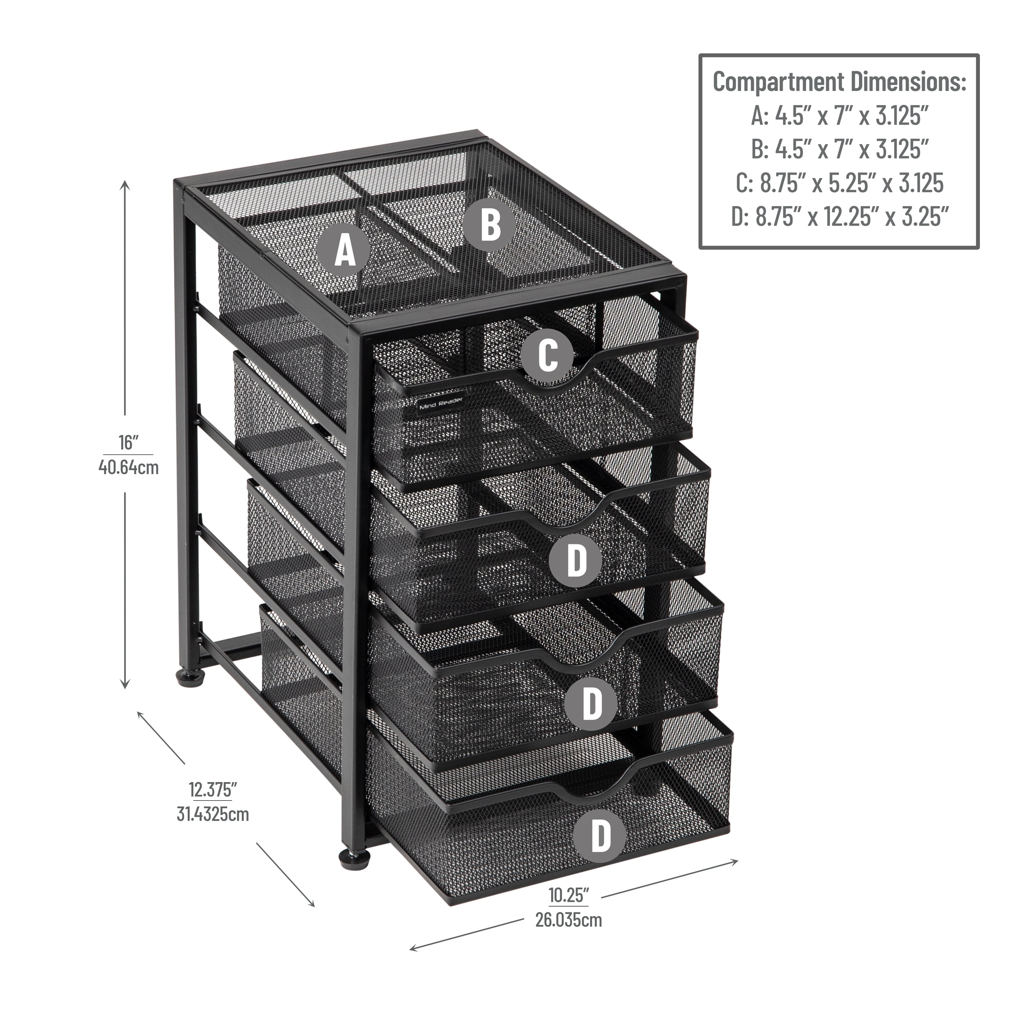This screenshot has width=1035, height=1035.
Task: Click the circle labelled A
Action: tap(344, 250)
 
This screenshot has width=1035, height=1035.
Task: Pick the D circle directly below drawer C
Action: tap(576, 560)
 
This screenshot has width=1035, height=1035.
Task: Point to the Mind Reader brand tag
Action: tap(441, 403)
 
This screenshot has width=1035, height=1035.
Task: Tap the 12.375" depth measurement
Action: tap(213, 789)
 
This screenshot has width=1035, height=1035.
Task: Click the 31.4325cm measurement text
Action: tap(213, 814)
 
